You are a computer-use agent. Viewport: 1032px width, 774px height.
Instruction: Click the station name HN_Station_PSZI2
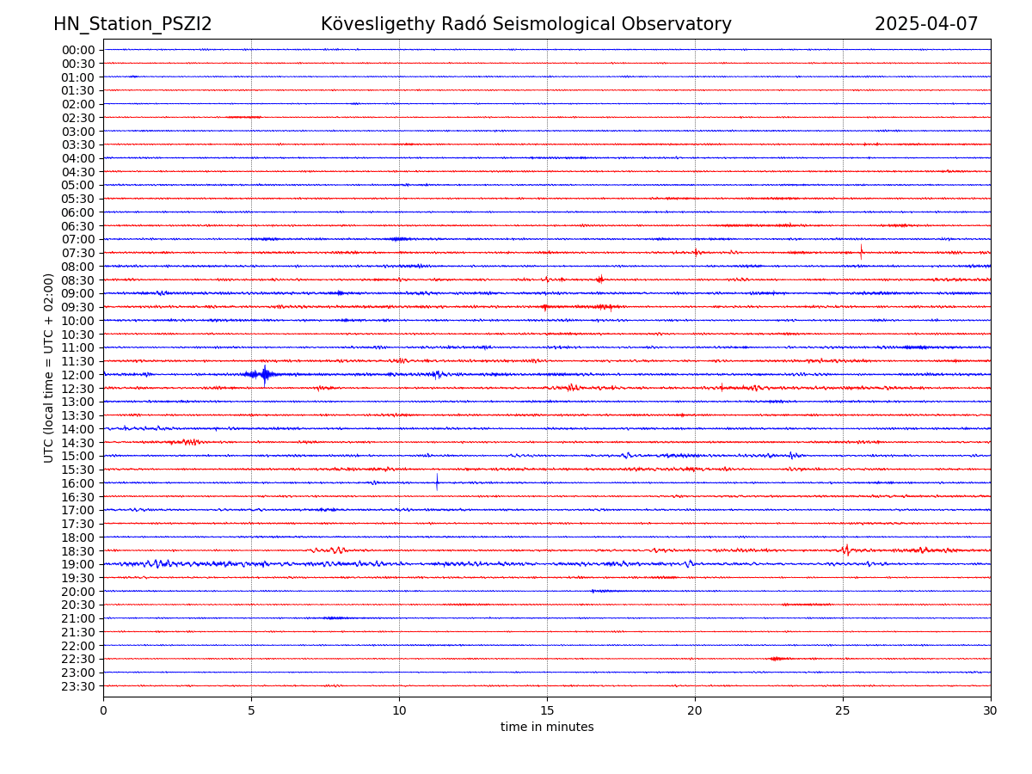[x=132, y=24]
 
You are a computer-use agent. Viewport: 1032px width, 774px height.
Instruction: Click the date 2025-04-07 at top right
[x=926, y=24]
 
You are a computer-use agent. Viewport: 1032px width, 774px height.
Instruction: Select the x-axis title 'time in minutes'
[x=547, y=727]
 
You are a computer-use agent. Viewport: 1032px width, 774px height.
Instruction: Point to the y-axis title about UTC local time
[x=49, y=367]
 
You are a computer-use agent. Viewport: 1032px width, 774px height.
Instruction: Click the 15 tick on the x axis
[x=547, y=711]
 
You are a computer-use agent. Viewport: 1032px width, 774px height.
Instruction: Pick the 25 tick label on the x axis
[x=843, y=711]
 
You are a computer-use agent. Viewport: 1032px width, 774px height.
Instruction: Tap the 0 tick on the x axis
[x=103, y=711]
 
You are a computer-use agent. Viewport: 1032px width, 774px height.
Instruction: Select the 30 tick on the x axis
[x=991, y=711]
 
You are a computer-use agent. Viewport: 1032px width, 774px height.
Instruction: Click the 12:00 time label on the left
[x=78, y=375]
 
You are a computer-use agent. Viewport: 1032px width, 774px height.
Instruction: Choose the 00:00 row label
[x=78, y=50]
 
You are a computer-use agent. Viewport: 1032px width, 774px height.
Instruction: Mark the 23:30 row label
[x=78, y=686]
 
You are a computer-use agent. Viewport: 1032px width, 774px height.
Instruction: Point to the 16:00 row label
[x=78, y=483]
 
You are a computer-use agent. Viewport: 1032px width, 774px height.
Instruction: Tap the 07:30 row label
[x=78, y=253]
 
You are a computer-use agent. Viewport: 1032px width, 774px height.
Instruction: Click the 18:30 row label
[x=78, y=551]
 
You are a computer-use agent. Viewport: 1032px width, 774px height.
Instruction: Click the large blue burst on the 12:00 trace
[x=264, y=374]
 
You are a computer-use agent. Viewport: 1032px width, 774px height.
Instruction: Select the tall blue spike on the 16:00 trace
[x=437, y=482]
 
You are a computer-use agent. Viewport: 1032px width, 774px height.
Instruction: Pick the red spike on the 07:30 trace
[x=861, y=251]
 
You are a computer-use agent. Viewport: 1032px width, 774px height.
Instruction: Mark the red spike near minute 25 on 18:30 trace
[x=845, y=550]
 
